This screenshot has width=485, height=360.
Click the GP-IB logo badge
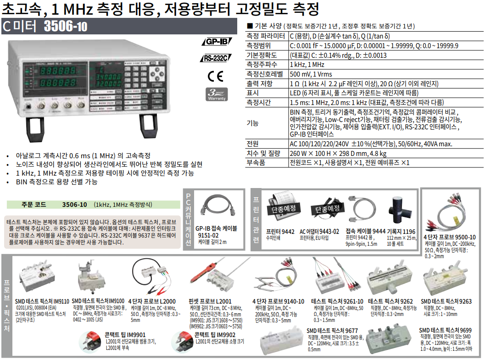[217, 41]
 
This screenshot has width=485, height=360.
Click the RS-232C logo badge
[216, 58]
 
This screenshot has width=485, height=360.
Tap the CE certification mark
[215, 76]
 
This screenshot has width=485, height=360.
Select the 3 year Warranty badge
[217, 94]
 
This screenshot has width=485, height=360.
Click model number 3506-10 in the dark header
[66, 26]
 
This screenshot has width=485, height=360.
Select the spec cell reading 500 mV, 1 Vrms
[311, 74]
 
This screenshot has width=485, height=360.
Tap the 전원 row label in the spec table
[252, 144]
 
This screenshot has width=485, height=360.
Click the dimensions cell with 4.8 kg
[338, 153]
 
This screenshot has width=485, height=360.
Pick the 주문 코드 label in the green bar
[33, 205]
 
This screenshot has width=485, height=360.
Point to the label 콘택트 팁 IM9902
[215, 335]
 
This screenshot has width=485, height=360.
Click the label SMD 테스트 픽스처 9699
[445, 330]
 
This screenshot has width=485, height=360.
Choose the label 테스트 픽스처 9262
[390, 301]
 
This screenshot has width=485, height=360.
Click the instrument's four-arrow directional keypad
[157, 73]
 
